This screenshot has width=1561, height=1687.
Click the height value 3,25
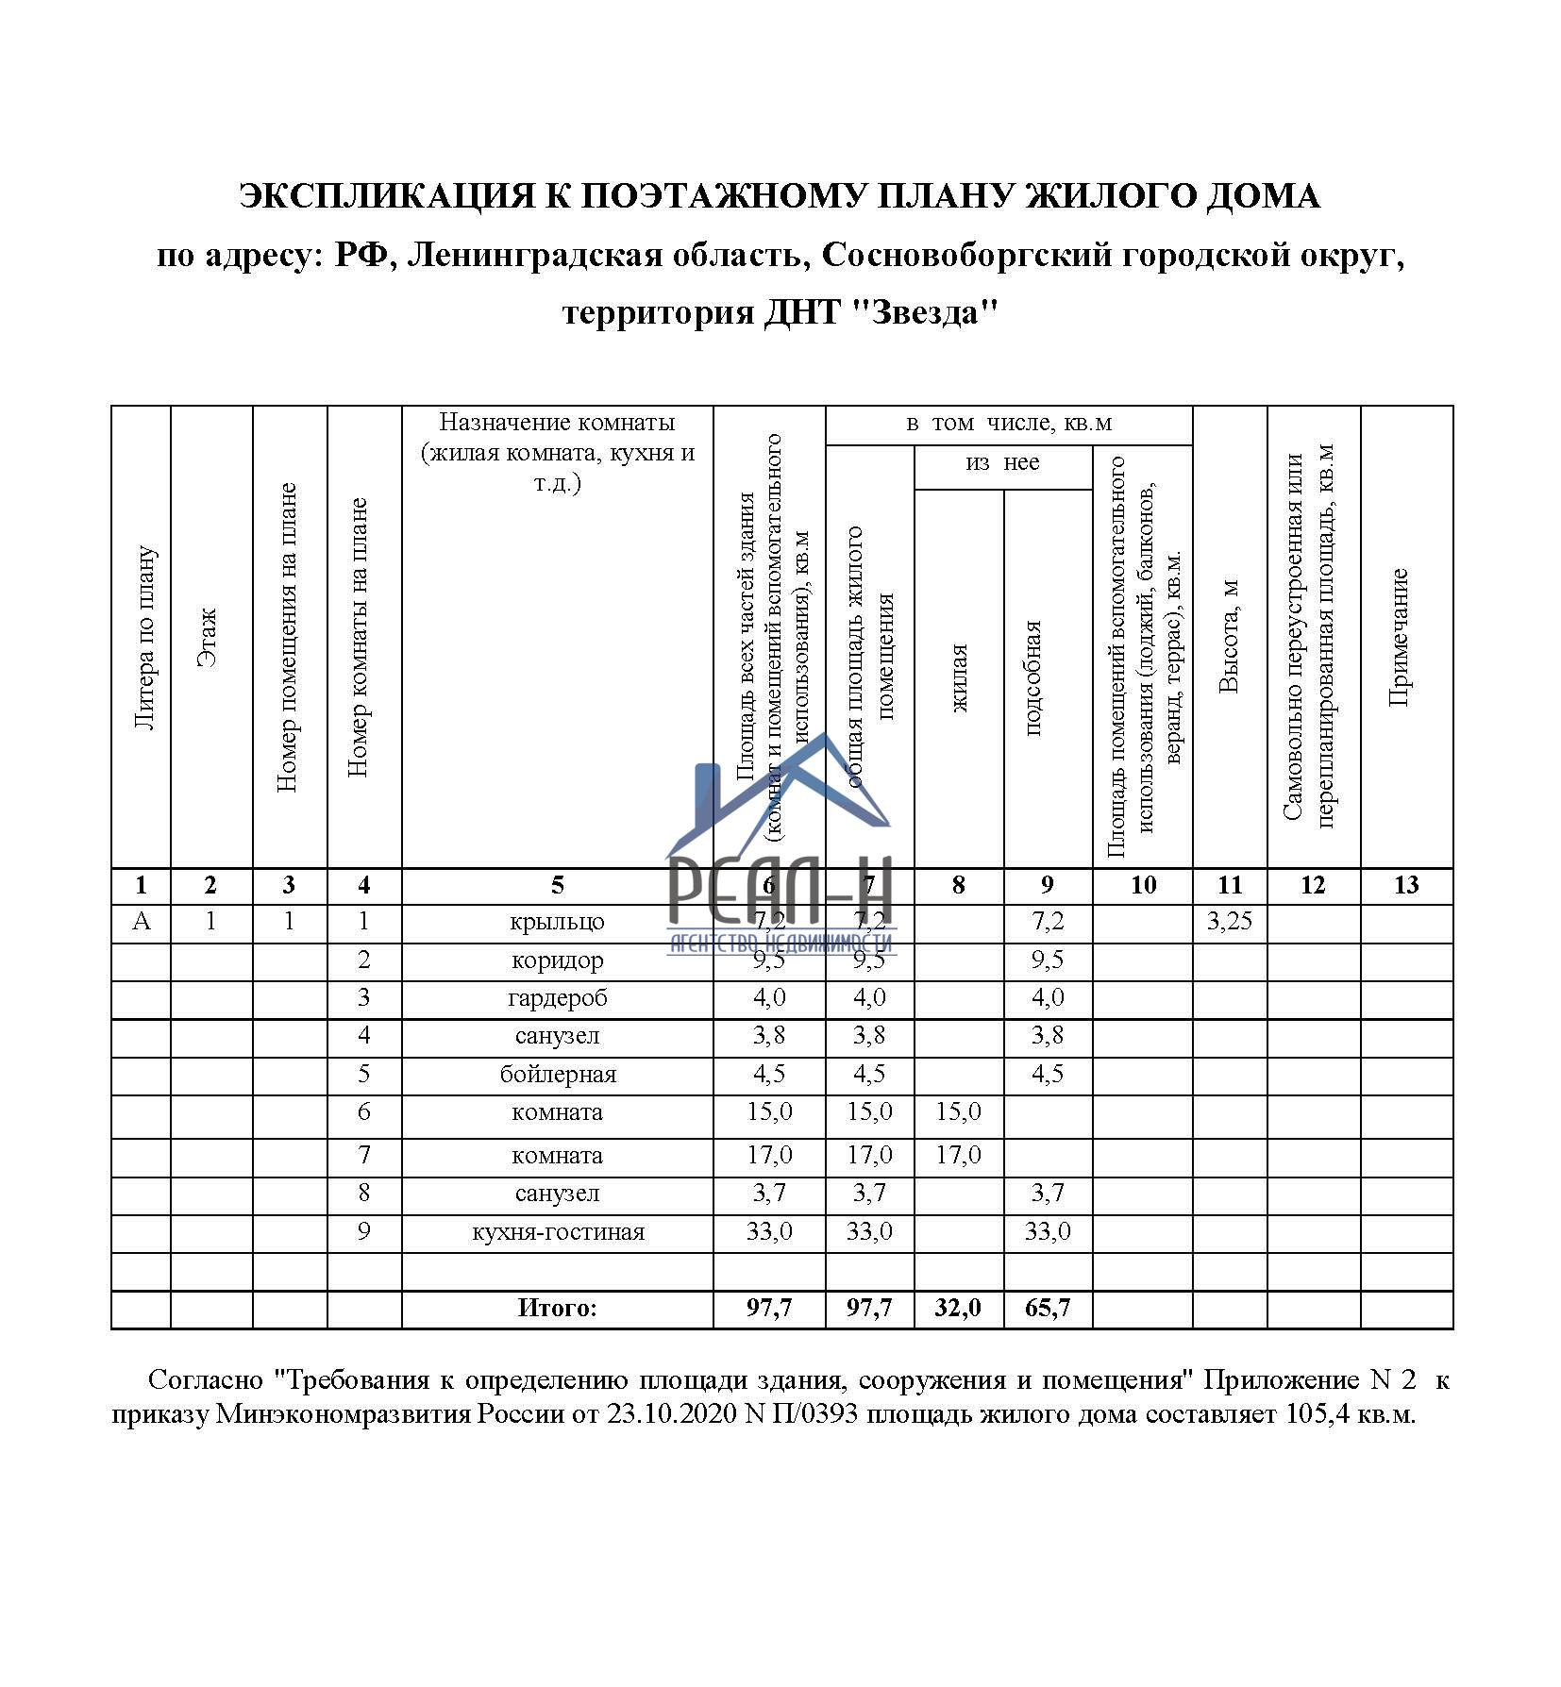[x=1229, y=921]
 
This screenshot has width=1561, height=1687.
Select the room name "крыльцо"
[x=557, y=922]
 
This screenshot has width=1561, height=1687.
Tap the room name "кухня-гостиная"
[x=557, y=1231]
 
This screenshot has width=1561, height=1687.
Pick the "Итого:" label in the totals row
[x=557, y=1308]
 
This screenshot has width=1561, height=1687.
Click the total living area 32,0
[x=958, y=1308]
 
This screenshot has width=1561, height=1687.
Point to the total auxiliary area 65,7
[x=1047, y=1308]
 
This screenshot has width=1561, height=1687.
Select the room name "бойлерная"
[x=557, y=1074]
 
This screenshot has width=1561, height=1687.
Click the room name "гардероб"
[x=557, y=997]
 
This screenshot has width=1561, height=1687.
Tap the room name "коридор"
[x=557, y=960]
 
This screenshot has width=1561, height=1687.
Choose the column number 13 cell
[x=1405, y=885]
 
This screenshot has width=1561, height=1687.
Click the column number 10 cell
[x=1142, y=885]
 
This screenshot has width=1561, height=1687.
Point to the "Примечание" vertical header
[x=1399, y=637]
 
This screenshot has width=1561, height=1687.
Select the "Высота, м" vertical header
[x=1229, y=637]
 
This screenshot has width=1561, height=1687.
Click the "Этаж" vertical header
[x=210, y=637]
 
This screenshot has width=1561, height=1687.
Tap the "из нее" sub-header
[x=1002, y=463]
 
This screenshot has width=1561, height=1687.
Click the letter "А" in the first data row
[x=141, y=921]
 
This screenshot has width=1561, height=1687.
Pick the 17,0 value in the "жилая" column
[x=958, y=1155]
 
